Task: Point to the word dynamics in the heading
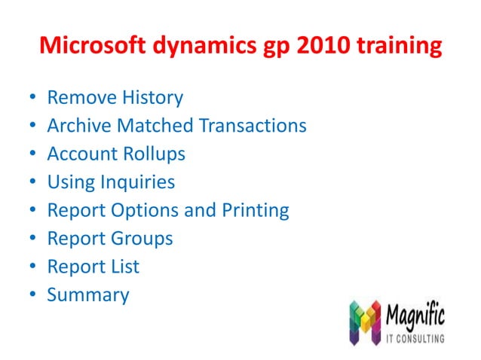[203, 47]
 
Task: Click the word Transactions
[253, 126]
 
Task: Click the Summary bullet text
[88, 295]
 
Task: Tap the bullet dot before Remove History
[32, 99]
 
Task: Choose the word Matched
[152, 126]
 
